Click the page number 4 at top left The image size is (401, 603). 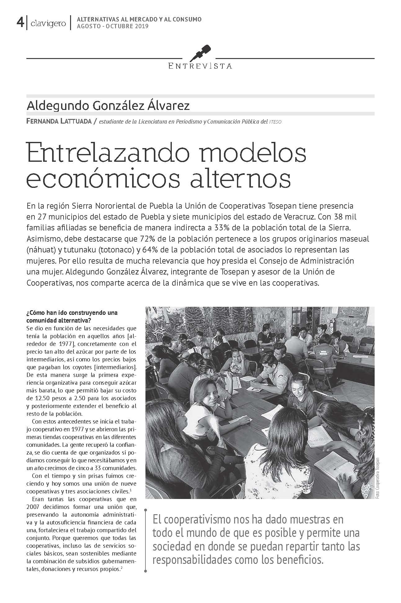coord(20,22)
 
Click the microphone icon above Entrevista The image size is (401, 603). coord(200,52)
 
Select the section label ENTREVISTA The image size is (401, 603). coord(200,66)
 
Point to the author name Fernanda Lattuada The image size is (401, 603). coord(59,122)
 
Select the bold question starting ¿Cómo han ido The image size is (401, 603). coord(72,316)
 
